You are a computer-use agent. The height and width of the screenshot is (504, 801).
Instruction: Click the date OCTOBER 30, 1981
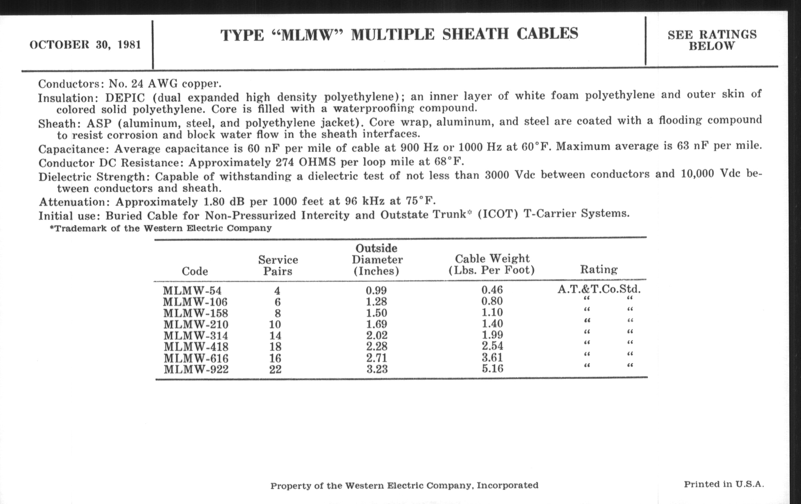[85, 45]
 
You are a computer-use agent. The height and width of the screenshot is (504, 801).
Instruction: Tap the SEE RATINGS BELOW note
[712, 40]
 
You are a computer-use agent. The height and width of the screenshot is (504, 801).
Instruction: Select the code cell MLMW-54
[192, 291]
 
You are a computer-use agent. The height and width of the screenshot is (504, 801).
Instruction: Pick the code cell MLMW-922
[196, 370]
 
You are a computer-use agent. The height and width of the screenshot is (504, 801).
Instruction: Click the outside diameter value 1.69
[376, 324]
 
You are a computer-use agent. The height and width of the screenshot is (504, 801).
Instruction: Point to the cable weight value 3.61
[492, 358]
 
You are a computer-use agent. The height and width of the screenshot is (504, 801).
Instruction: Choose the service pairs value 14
[275, 336]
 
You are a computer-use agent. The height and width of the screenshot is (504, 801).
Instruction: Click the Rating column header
[599, 269]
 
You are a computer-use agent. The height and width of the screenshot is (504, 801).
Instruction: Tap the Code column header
[195, 271]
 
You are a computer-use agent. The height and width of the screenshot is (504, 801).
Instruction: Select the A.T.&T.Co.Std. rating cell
[599, 289]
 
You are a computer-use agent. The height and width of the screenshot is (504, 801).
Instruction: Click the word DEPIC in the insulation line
[125, 98]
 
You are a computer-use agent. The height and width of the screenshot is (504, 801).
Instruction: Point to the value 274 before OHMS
[285, 162]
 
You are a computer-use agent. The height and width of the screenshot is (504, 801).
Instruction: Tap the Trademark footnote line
[161, 228]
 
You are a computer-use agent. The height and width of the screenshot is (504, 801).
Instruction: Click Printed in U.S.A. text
[724, 484]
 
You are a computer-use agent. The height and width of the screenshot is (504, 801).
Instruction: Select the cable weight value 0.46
[492, 290]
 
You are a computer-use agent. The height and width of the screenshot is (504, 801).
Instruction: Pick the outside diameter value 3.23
[377, 369]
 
